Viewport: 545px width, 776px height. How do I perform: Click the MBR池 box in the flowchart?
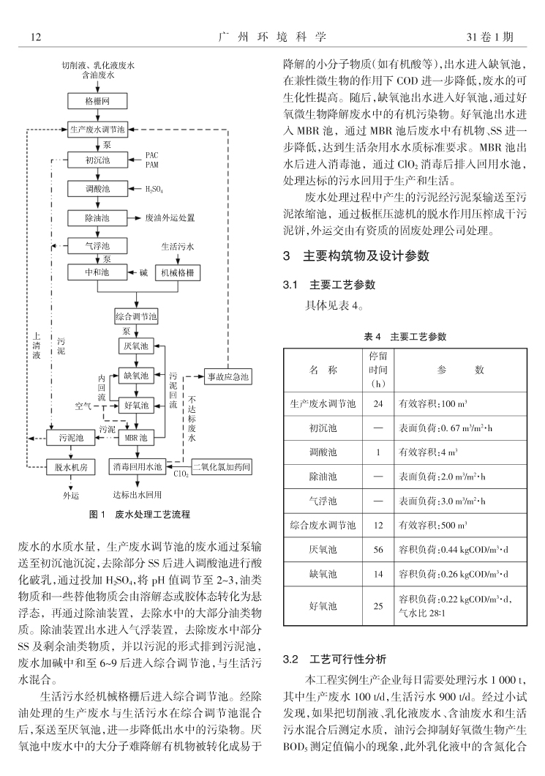(x=136, y=438)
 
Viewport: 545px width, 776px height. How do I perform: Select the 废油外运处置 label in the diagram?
(x=170, y=217)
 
